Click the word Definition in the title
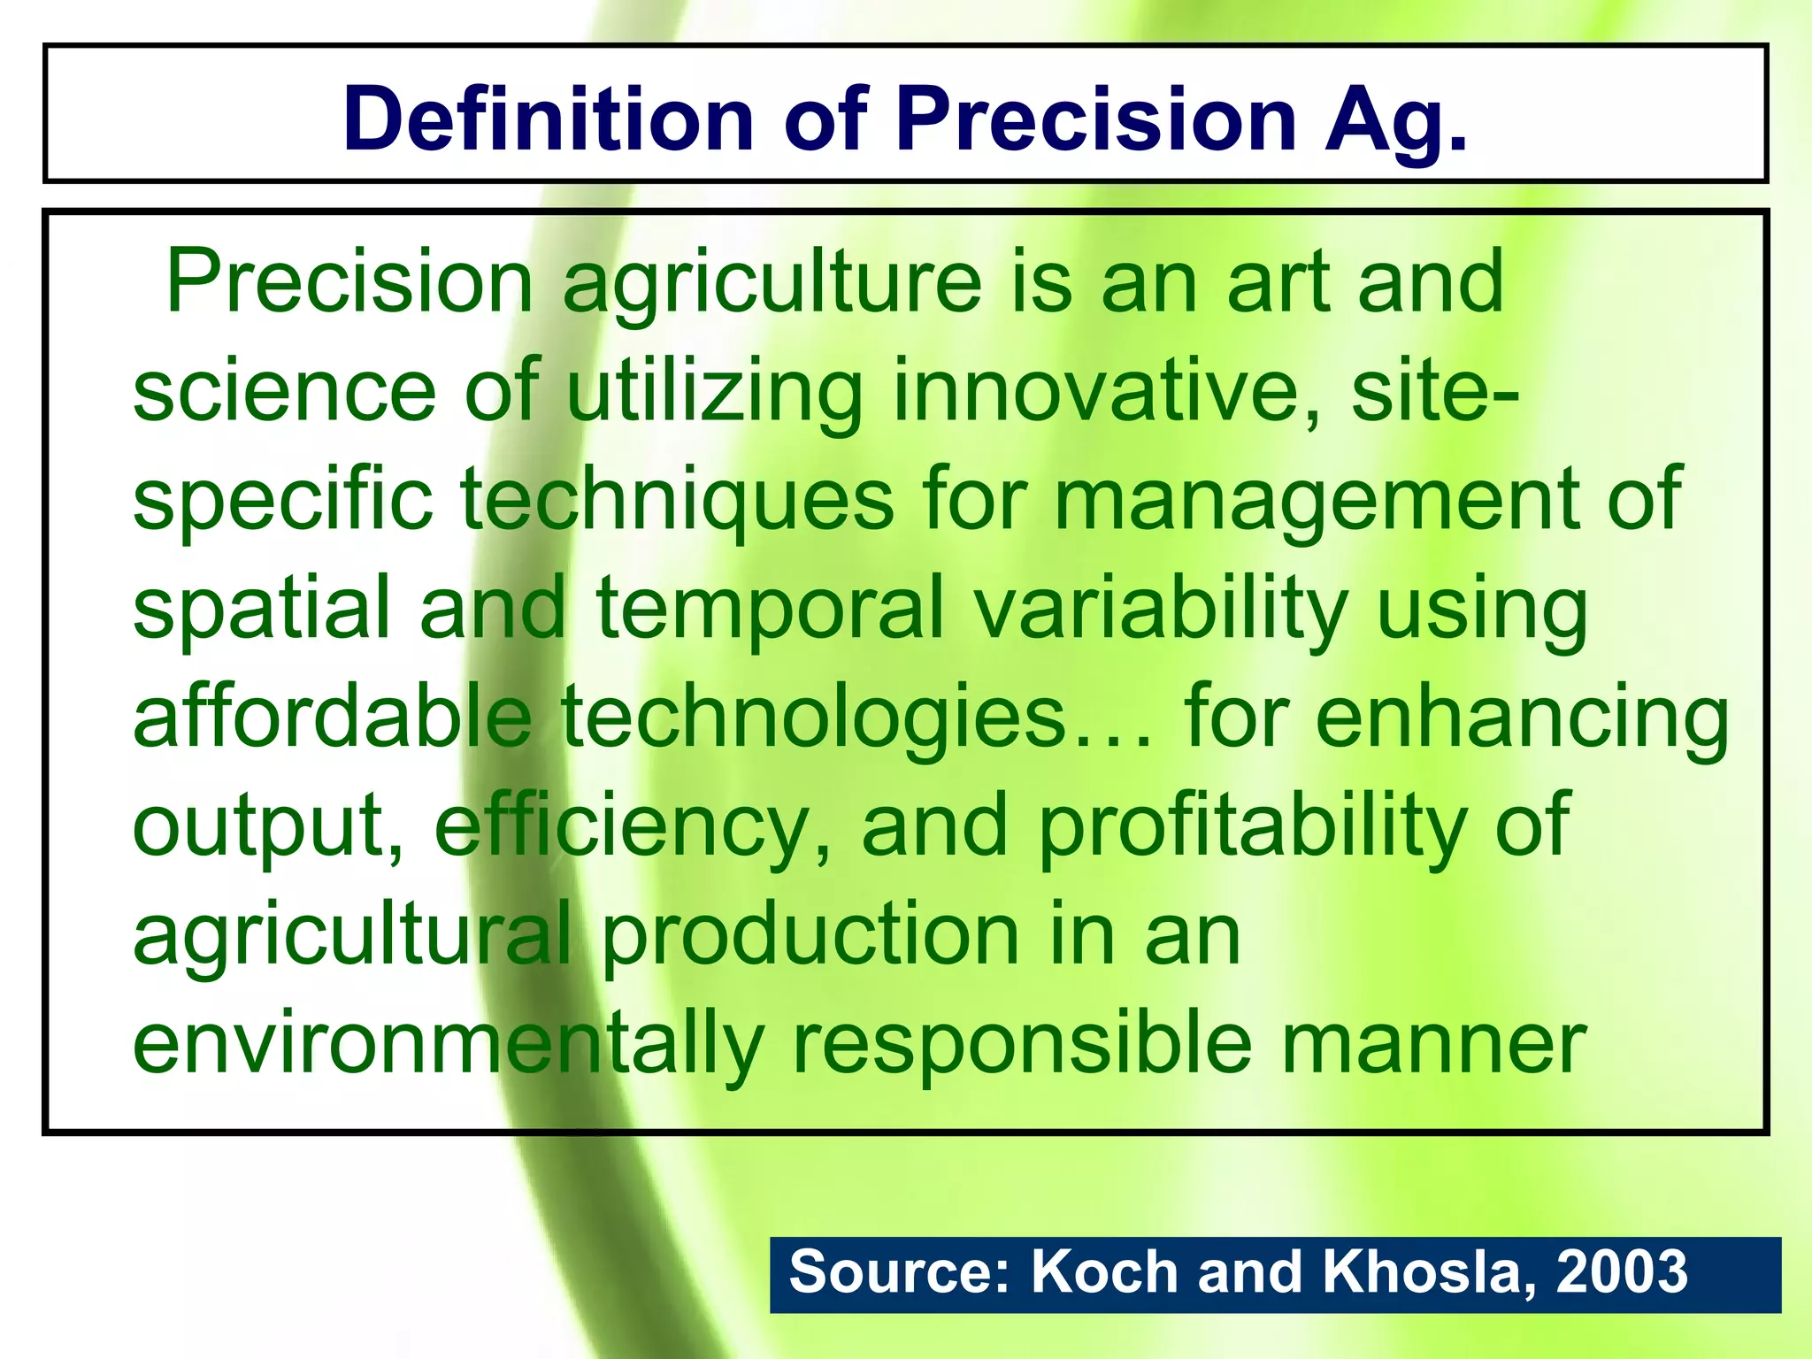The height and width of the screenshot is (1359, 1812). tap(548, 119)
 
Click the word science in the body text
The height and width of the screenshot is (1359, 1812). tap(284, 391)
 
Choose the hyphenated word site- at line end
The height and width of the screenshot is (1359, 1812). tap(1434, 391)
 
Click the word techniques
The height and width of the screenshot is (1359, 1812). tap(677, 501)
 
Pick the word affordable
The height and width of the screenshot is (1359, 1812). tap(333, 717)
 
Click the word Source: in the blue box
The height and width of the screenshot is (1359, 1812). tap(899, 1272)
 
